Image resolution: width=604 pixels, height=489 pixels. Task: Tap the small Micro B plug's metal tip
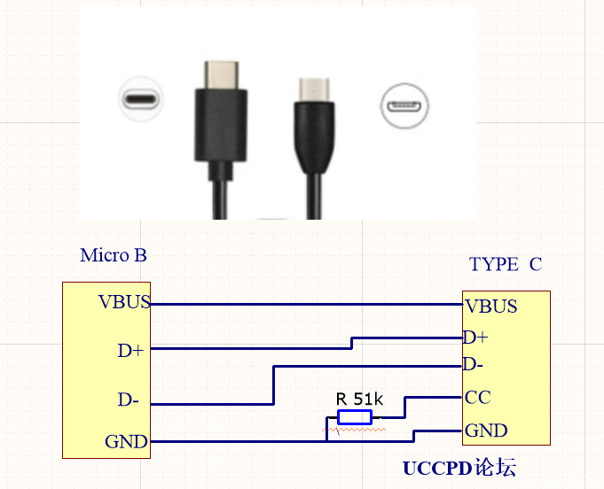[316, 89]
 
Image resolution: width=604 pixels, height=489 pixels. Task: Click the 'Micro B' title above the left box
[113, 256]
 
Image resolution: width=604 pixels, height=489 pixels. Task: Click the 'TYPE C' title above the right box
[505, 264]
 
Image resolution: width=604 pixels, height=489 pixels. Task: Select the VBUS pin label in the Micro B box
[124, 301]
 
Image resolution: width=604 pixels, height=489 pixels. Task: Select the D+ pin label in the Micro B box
[130, 351]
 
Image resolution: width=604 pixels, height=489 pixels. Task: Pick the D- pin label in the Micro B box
[129, 400]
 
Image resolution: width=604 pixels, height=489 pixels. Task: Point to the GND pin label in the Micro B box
[126, 441]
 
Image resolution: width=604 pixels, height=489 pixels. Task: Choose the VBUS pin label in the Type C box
[490, 307]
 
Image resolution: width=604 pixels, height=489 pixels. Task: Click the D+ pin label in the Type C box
[475, 338]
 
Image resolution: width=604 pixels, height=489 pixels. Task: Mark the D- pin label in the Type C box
[475, 364]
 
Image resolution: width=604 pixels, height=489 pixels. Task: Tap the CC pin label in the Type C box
[477, 397]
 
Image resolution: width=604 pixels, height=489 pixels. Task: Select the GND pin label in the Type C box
[486, 431]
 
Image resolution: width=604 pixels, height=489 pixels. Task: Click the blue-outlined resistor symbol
[355, 416]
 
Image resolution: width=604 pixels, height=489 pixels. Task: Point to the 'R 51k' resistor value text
[359, 399]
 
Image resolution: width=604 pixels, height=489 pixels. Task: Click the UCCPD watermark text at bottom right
[459, 468]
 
